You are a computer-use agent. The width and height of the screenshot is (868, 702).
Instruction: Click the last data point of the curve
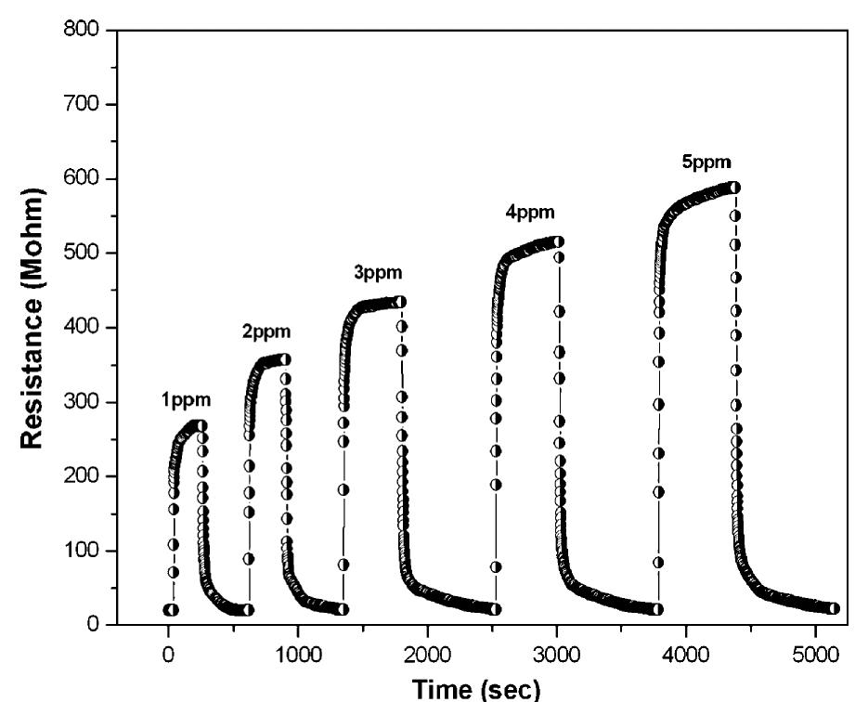(834, 608)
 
